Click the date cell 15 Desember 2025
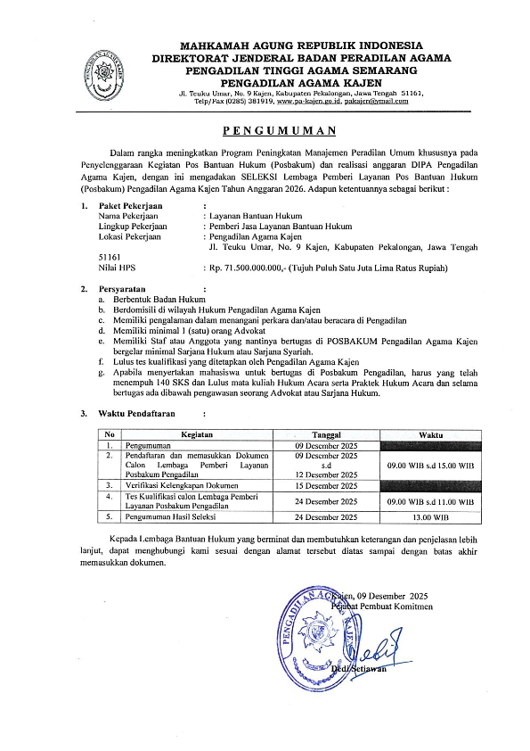[325, 486]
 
